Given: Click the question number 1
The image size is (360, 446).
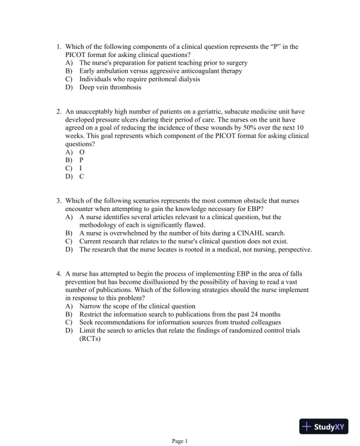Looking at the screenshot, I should [59, 46].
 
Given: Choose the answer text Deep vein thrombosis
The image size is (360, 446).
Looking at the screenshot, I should [111, 88].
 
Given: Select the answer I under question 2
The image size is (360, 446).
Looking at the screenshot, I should [81, 167].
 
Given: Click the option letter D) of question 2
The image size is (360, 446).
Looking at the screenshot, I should [69, 176].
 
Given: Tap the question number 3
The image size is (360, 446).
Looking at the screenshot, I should [59, 200].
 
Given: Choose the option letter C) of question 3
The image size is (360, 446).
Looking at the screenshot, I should [69, 241].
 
